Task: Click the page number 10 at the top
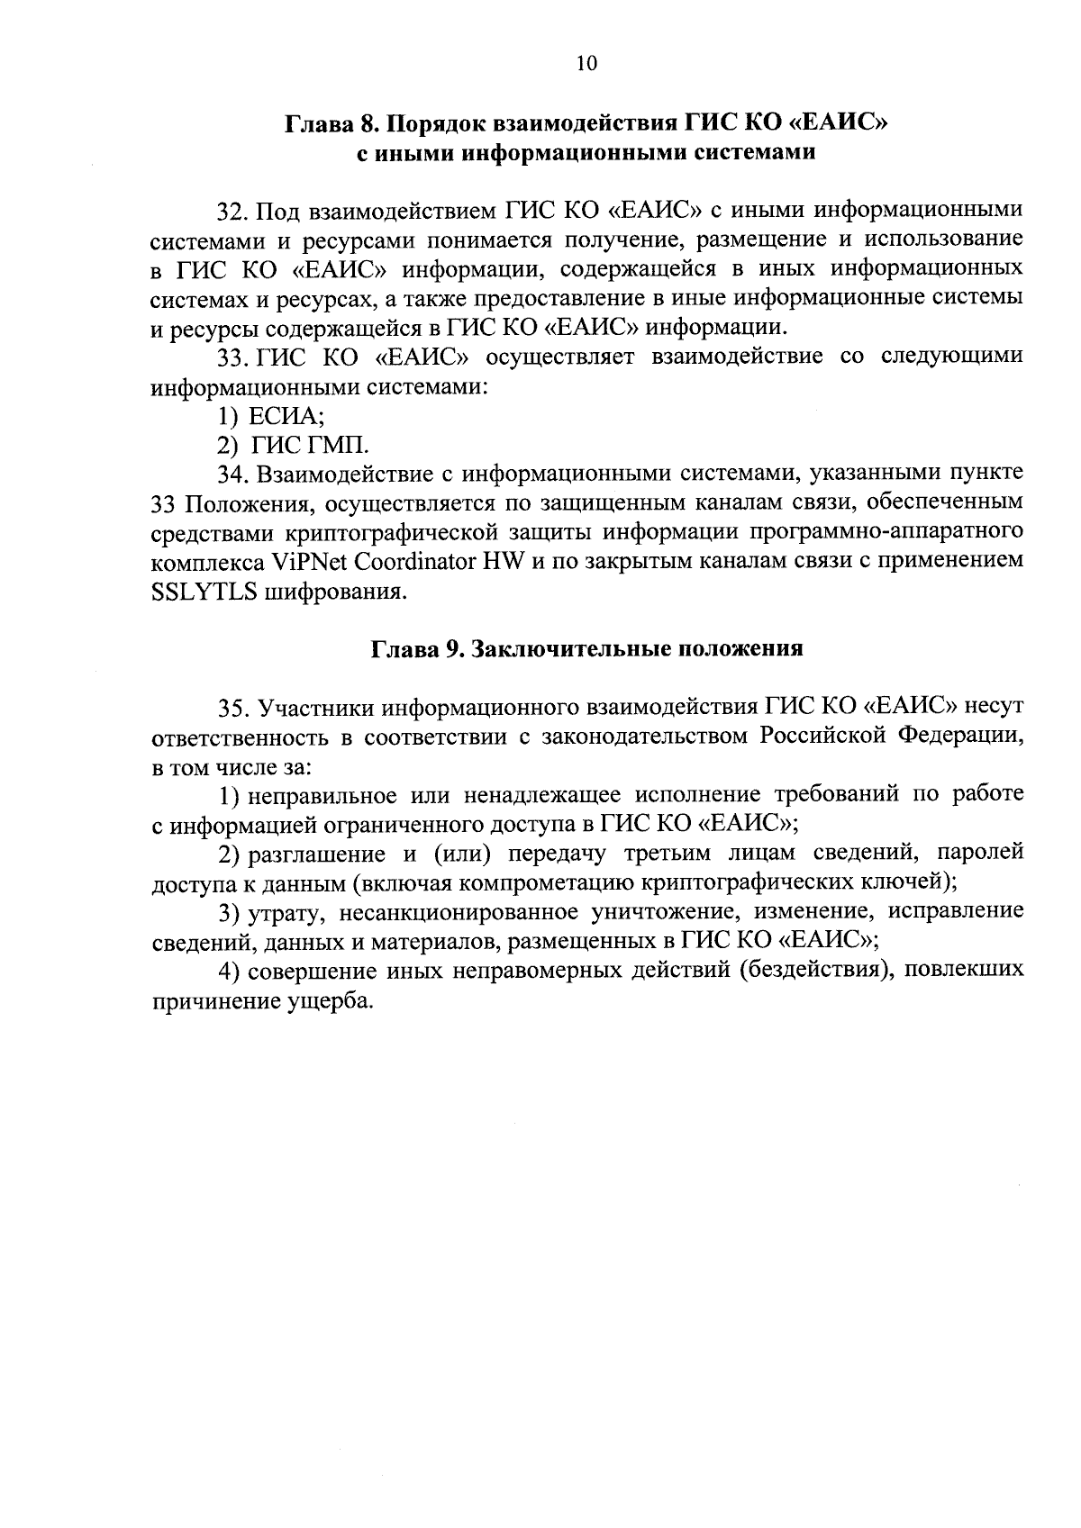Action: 586,62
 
